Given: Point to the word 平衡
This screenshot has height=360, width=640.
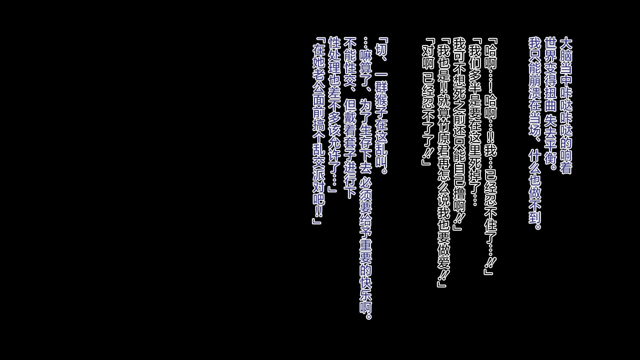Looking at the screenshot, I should point(550,153).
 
